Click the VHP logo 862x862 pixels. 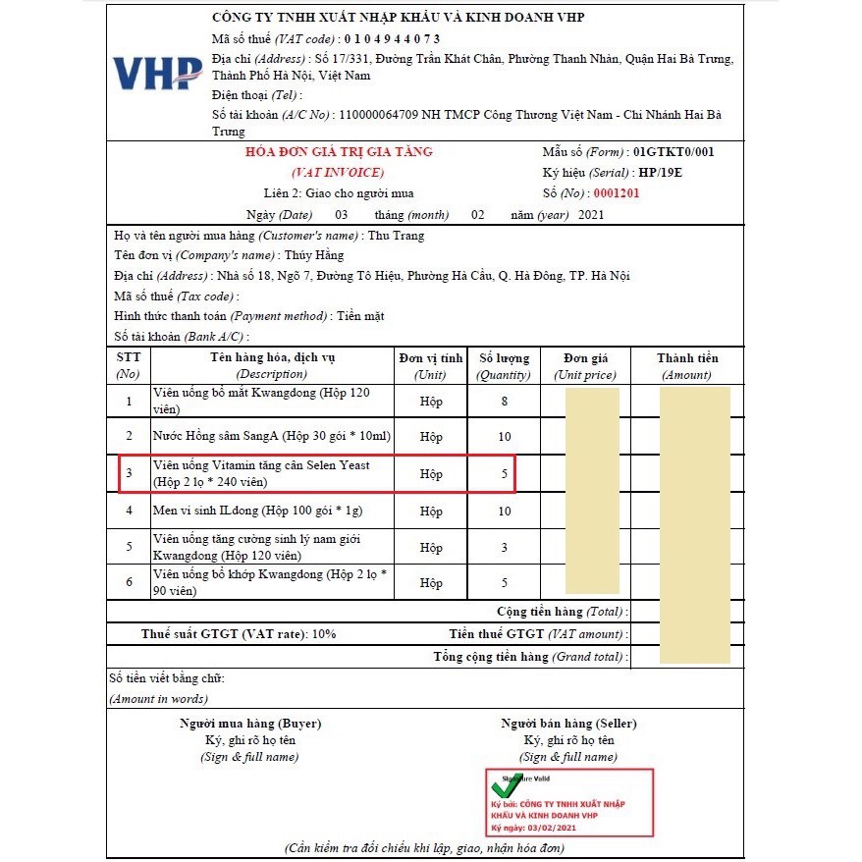click(x=157, y=73)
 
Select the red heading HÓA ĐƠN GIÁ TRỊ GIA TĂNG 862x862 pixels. click(x=339, y=152)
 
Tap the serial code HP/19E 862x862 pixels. click(x=660, y=173)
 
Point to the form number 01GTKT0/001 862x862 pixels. click(x=673, y=152)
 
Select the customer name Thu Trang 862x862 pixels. click(x=397, y=236)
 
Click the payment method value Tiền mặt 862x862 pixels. click(x=360, y=315)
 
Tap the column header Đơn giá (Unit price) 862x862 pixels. click(x=586, y=365)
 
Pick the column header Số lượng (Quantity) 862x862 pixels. click(x=504, y=365)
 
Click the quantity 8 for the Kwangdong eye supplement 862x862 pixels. click(x=504, y=401)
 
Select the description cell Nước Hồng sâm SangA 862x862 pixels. click(x=272, y=436)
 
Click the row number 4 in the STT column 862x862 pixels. click(x=129, y=511)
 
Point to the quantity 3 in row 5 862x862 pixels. click(x=504, y=547)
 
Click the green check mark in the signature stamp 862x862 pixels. click(x=508, y=785)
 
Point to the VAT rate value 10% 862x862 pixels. click(x=323, y=633)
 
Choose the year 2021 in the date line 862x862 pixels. click(x=592, y=215)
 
